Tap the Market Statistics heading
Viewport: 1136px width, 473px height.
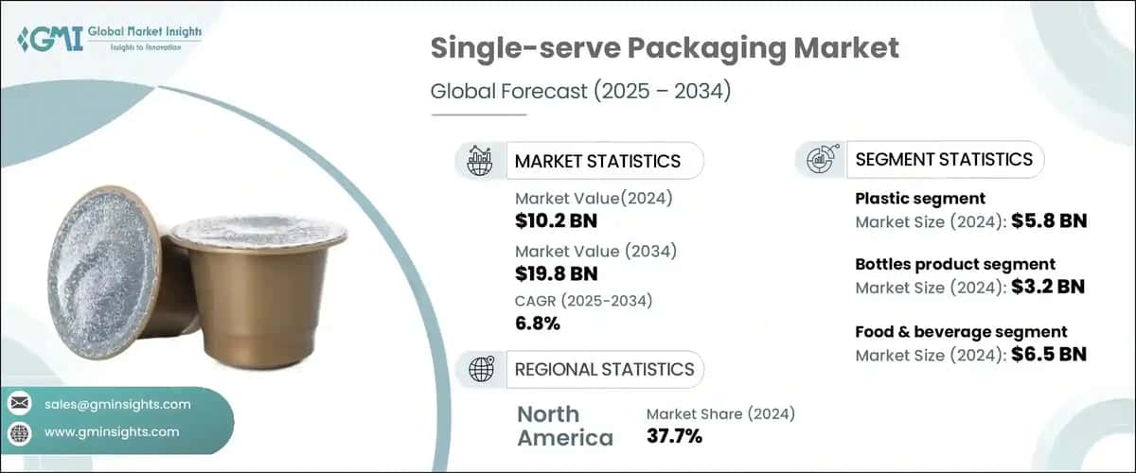(x=596, y=161)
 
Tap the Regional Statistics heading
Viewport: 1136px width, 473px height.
(x=603, y=369)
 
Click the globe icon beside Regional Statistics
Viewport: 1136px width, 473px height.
(x=481, y=369)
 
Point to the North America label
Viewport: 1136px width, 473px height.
(x=564, y=426)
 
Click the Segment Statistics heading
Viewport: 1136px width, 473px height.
(x=943, y=159)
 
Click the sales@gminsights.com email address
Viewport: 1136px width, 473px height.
(x=117, y=404)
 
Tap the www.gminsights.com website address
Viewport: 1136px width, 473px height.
(x=112, y=431)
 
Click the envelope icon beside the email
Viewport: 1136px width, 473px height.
(x=20, y=404)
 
